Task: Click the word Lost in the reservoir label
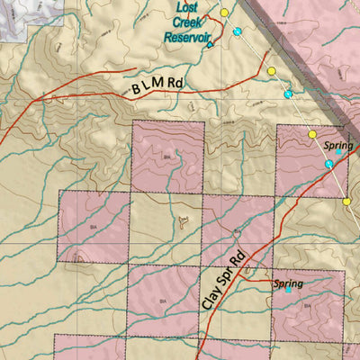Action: tap(187, 8)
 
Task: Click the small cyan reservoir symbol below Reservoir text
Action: tap(210, 44)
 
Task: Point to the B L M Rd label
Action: tap(157, 86)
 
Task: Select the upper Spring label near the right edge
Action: tap(337, 145)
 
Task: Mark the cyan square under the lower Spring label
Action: tap(288, 291)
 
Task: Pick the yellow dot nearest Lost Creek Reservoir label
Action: tap(224, 13)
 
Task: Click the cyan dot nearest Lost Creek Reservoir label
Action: tap(238, 31)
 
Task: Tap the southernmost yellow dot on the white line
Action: tap(346, 202)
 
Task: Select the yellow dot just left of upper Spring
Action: tap(312, 134)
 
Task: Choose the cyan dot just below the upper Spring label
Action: tap(328, 164)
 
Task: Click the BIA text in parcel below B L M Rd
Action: tap(167, 156)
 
